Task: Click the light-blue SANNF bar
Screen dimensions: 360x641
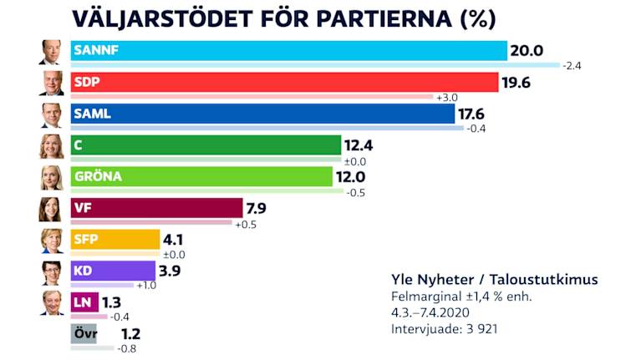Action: (x=288, y=51)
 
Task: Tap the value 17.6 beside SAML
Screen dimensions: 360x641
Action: (x=473, y=114)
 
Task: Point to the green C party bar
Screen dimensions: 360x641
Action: (x=206, y=145)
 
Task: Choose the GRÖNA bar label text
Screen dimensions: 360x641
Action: (x=98, y=176)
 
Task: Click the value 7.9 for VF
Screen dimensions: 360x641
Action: (x=256, y=208)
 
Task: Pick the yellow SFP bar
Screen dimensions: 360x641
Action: (x=114, y=240)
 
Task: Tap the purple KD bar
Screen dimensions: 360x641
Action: (x=113, y=271)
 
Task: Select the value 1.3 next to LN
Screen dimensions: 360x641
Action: (x=114, y=302)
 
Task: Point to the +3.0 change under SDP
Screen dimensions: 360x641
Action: (x=447, y=97)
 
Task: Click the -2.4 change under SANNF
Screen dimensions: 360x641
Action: (x=572, y=65)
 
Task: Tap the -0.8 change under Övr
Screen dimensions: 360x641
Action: (x=127, y=347)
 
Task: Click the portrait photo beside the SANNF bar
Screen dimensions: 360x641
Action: (x=51, y=53)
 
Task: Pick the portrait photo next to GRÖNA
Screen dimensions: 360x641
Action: (x=51, y=178)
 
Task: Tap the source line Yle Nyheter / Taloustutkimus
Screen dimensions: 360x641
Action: (x=495, y=279)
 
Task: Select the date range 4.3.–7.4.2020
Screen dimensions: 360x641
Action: (x=430, y=312)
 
